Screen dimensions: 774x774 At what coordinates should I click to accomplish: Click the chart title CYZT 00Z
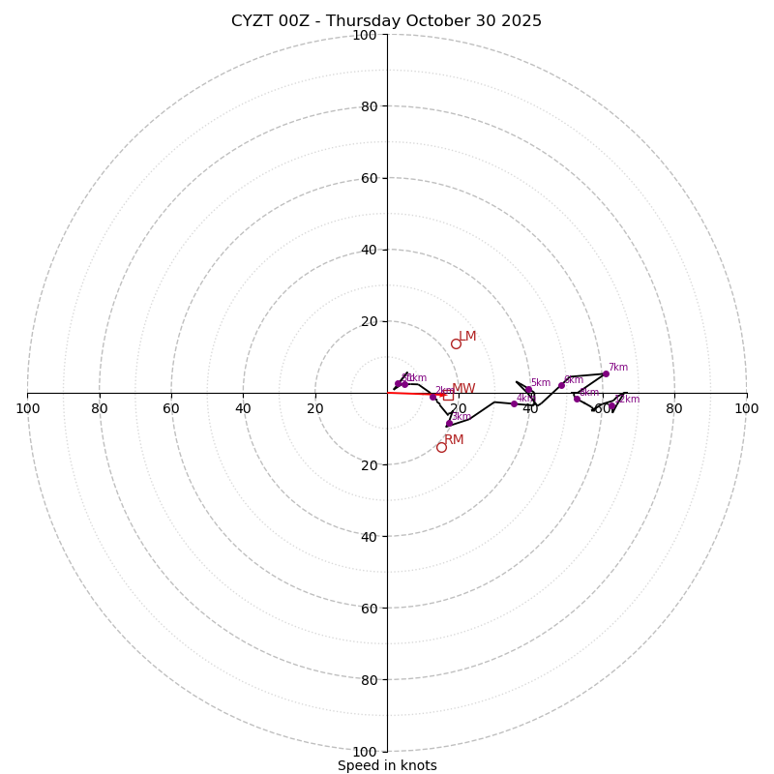tap(386, 21)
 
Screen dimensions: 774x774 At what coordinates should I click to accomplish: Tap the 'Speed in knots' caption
tap(387, 765)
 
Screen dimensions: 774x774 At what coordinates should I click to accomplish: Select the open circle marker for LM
tap(456, 343)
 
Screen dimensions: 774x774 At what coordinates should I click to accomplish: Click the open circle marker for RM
tap(441, 447)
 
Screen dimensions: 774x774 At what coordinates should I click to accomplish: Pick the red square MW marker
tap(448, 395)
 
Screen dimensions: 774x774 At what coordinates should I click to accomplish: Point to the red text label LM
tap(467, 337)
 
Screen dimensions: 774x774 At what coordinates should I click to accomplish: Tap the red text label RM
tap(454, 440)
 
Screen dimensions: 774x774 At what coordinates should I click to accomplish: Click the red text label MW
tap(463, 389)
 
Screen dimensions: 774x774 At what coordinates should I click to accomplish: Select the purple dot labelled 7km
tap(606, 373)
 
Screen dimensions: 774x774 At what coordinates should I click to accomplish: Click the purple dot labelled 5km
tap(528, 389)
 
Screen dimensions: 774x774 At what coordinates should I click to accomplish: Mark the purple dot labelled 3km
tap(449, 423)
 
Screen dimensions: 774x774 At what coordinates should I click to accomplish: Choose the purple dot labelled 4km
tap(514, 403)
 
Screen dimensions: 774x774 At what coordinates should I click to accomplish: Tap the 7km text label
tap(618, 368)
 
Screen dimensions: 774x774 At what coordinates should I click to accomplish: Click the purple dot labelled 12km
tap(611, 405)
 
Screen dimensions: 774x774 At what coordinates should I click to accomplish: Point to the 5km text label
tap(540, 383)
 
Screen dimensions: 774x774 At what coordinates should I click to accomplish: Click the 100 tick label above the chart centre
tap(365, 35)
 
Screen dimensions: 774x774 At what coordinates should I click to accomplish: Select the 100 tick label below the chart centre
tap(365, 752)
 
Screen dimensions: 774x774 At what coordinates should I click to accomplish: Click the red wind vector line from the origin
tap(416, 394)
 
